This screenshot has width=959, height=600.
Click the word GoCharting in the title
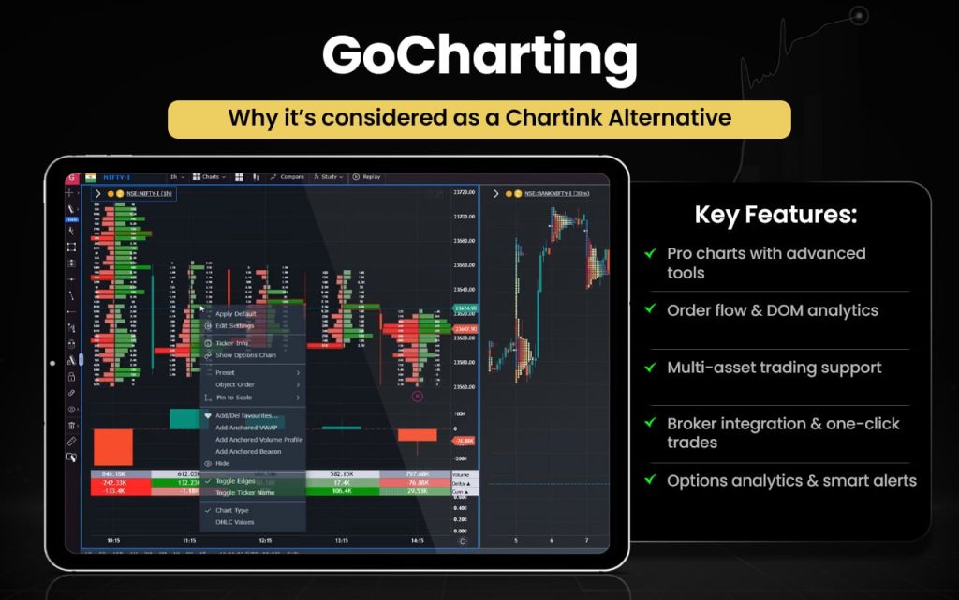[x=479, y=58]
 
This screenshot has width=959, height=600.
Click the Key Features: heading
[x=775, y=215]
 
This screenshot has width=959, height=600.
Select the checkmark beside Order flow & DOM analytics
[x=649, y=310]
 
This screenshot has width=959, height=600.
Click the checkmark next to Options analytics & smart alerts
[x=649, y=481]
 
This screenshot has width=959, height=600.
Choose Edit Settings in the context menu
[x=235, y=325]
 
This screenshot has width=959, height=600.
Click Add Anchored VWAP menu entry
[x=246, y=427]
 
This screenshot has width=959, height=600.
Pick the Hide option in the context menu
[x=222, y=463]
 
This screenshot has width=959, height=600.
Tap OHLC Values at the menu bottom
[x=234, y=522]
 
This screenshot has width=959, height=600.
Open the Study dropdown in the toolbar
[x=329, y=176]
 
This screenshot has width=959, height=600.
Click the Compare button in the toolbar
[x=288, y=176]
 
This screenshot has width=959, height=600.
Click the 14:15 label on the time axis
[x=417, y=541]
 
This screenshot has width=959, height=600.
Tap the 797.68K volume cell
[x=417, y=474]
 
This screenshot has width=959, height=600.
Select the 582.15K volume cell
[x=341, y=474]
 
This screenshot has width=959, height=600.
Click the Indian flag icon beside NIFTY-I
[x=90, y=176]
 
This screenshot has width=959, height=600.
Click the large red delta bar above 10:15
[x=113, y=447]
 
